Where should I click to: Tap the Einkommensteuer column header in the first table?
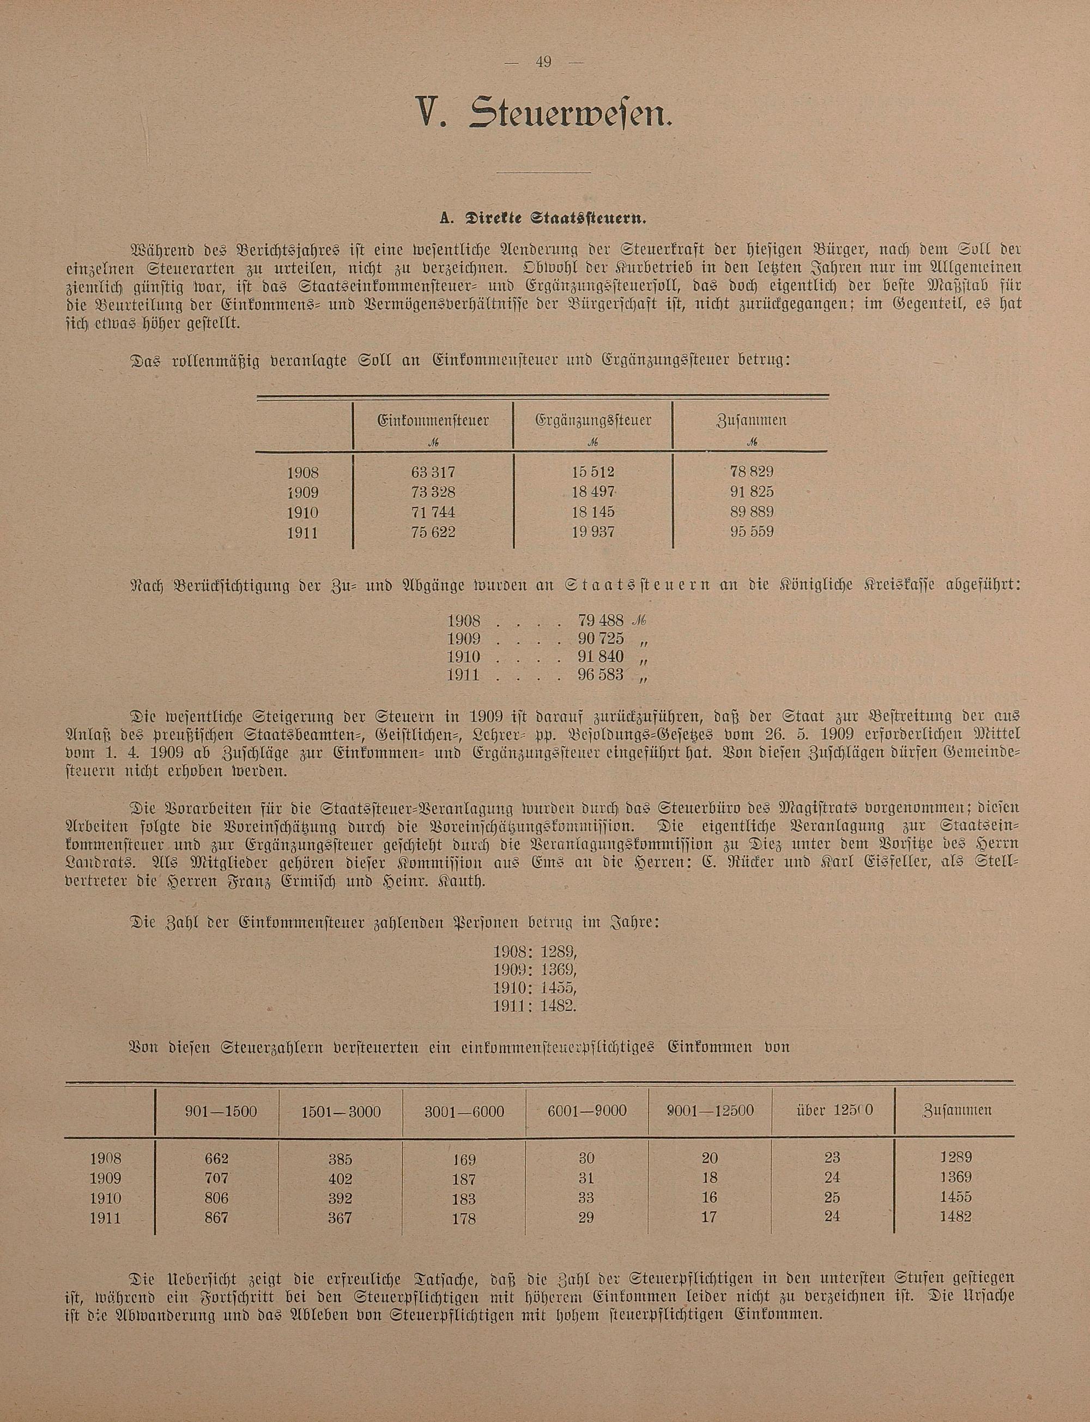pos(433,420)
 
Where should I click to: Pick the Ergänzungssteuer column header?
pos(593,420)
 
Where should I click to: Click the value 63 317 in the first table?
pos(433,471)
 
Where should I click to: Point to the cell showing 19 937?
pos(593,532)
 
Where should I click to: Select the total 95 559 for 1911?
pos(752,532)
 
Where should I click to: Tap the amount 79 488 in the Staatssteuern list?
pos(600,620)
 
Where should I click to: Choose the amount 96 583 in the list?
pos(600,675)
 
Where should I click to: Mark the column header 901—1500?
pos(221,1111)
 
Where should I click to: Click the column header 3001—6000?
pos(464,1111)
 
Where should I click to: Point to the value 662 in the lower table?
pos(215,1159)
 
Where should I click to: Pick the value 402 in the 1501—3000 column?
pos(340,1179)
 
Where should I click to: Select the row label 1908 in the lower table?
pos(106,1159)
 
